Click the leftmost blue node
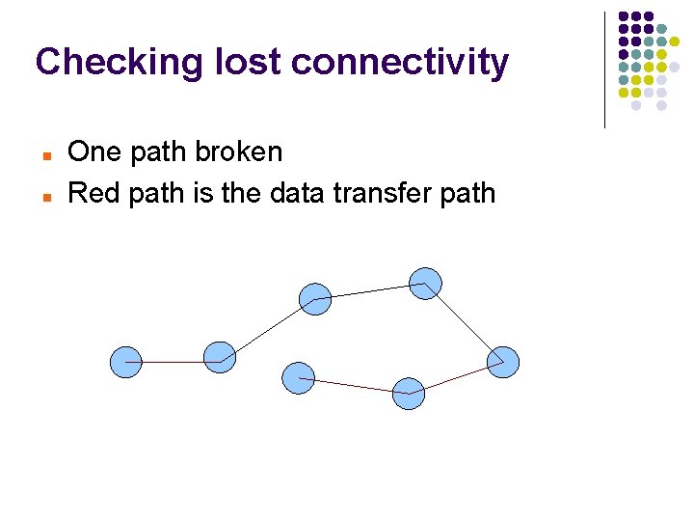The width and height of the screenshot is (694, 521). pos(126,362)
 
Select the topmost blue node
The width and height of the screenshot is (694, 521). pos(425,284)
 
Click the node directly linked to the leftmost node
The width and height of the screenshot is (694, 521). pos(220,357)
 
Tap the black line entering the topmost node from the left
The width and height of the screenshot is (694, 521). pos(371,291)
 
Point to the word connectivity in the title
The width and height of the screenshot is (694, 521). pos(399,62)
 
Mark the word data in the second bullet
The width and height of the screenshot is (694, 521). pos(291,193)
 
